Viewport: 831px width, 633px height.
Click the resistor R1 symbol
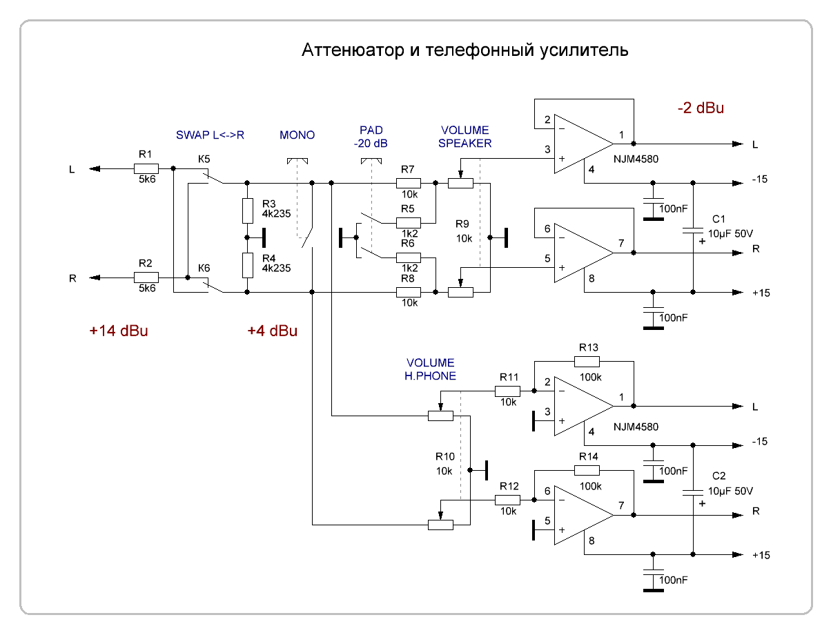coord(146,168)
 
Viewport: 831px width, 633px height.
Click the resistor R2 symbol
coord(146,277)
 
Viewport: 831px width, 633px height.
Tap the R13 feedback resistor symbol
coord(587,361)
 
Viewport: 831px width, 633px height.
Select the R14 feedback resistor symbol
coord(587,471)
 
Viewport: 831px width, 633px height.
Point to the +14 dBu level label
coord(119,331)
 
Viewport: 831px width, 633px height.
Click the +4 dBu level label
coord(272,331)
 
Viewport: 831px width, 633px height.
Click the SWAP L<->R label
coord(210,135)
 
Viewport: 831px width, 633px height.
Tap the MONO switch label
coord(297,135)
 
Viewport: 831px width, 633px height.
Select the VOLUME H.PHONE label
coord(430,369)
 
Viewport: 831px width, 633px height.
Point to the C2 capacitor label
coord(718,477)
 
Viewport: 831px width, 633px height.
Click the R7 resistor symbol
coord(408,184)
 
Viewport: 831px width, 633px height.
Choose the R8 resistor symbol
coord(408,293)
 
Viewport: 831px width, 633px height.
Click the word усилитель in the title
coord(580,51)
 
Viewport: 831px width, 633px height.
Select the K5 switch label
coord(204,159)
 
